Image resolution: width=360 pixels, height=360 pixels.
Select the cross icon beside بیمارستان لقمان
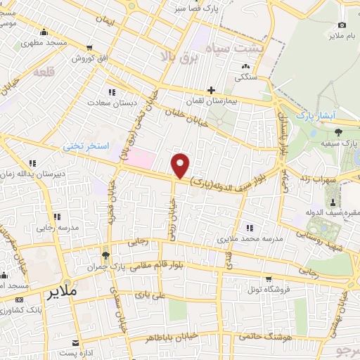[211, 90]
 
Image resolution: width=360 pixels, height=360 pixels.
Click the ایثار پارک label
[316, 114]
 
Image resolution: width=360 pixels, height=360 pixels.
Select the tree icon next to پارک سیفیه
[338, 131]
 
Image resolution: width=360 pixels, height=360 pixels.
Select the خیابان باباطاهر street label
[169, 338]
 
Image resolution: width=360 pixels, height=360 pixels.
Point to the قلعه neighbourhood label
[44, 72]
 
